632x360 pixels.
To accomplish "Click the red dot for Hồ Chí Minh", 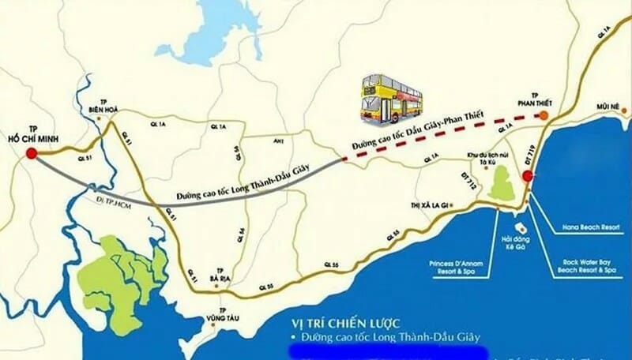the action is pos(32,154).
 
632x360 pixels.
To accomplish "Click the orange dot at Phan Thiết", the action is pos(544,115).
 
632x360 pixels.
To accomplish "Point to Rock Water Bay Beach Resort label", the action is pos(587,266).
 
